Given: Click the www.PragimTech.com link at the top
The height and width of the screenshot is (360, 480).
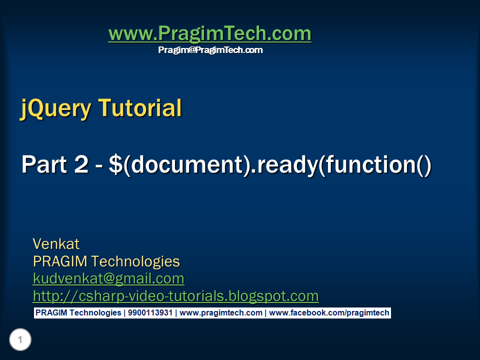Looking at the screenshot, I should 209,34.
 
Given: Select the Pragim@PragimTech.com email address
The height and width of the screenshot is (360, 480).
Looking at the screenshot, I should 210,50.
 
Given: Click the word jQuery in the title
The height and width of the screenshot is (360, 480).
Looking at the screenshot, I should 55,108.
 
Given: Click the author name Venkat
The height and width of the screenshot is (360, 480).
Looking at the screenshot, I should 56,244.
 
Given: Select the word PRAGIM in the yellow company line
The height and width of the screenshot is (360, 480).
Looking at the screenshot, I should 60,261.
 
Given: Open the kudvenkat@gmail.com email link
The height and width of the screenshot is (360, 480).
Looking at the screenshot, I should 108,278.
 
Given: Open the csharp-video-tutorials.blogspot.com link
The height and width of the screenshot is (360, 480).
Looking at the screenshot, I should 175,296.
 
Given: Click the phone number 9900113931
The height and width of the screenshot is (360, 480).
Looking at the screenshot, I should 150,313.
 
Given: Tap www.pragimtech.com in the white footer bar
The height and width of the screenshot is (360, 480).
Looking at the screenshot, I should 220,313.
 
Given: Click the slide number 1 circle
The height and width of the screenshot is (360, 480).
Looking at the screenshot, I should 20,340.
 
